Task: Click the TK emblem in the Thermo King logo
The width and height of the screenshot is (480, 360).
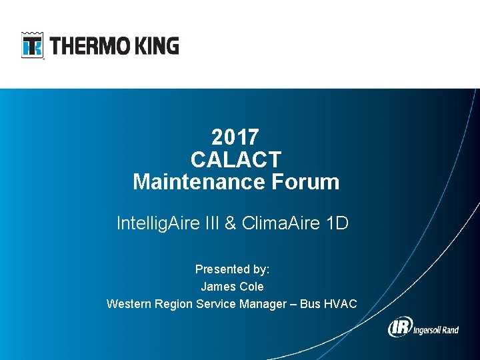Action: [32, 45]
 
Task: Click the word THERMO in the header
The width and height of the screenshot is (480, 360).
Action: [84, 46]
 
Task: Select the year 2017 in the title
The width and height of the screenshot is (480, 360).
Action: [235, 137]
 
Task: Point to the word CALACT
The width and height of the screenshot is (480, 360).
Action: [236, 160]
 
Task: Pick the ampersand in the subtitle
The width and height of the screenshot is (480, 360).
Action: [231, 223]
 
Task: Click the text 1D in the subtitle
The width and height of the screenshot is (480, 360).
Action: [337, 223]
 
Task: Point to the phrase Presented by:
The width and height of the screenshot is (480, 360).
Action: [232, 269]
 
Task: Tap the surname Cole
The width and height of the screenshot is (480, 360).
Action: [251, 287]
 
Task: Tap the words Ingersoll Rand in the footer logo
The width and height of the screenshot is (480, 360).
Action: [436, 329]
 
